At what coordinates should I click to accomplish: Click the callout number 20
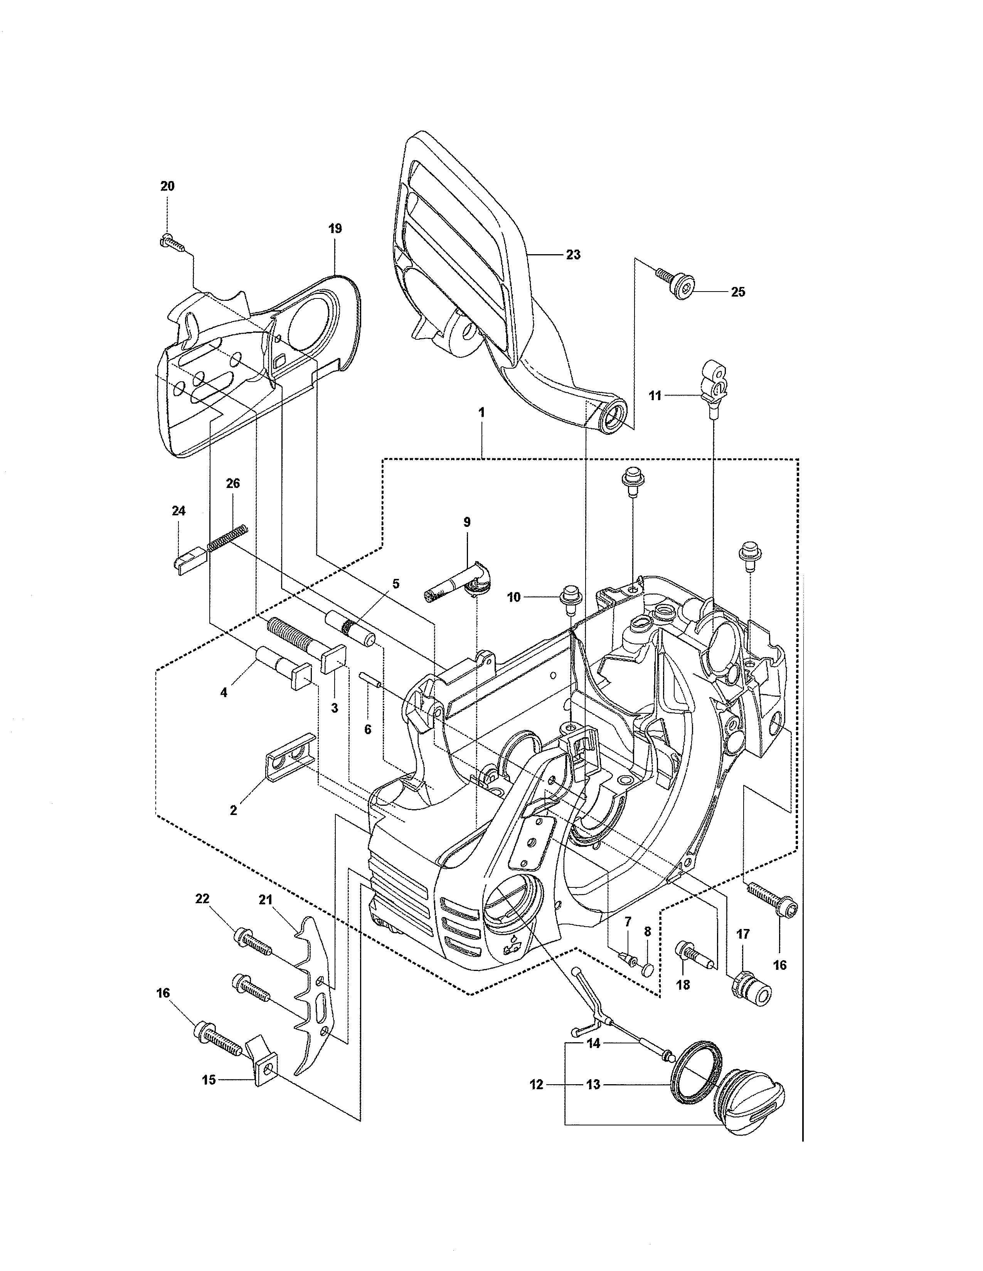167,186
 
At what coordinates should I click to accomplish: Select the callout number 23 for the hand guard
573,255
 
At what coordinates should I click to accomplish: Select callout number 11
655,396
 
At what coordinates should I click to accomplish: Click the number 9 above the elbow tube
466,522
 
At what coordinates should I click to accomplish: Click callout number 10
513,597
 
